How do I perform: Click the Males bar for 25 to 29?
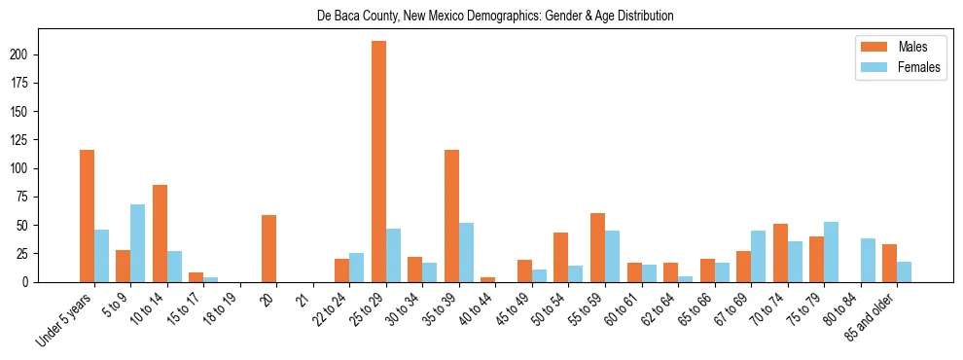(x=378, y=162)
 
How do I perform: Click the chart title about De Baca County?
(x=495, y=17)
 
